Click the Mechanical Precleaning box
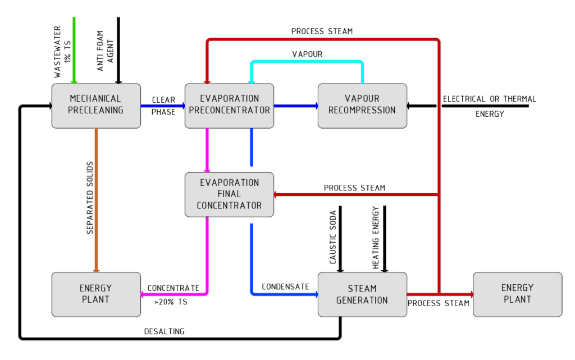96,106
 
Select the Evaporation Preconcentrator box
229,106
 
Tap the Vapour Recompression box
362,106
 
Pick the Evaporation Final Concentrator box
229,194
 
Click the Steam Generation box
362,294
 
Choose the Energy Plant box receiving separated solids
96,294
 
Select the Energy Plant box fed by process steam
517,294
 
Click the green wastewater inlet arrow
74,50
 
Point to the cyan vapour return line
307,62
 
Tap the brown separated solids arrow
96,200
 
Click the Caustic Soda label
333,237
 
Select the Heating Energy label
376,237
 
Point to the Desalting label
165,331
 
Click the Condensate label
285,286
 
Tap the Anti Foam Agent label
105,51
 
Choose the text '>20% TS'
171,302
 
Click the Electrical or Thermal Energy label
490,106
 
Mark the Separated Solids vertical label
90,198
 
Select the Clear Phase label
163,106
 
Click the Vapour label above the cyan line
307,54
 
